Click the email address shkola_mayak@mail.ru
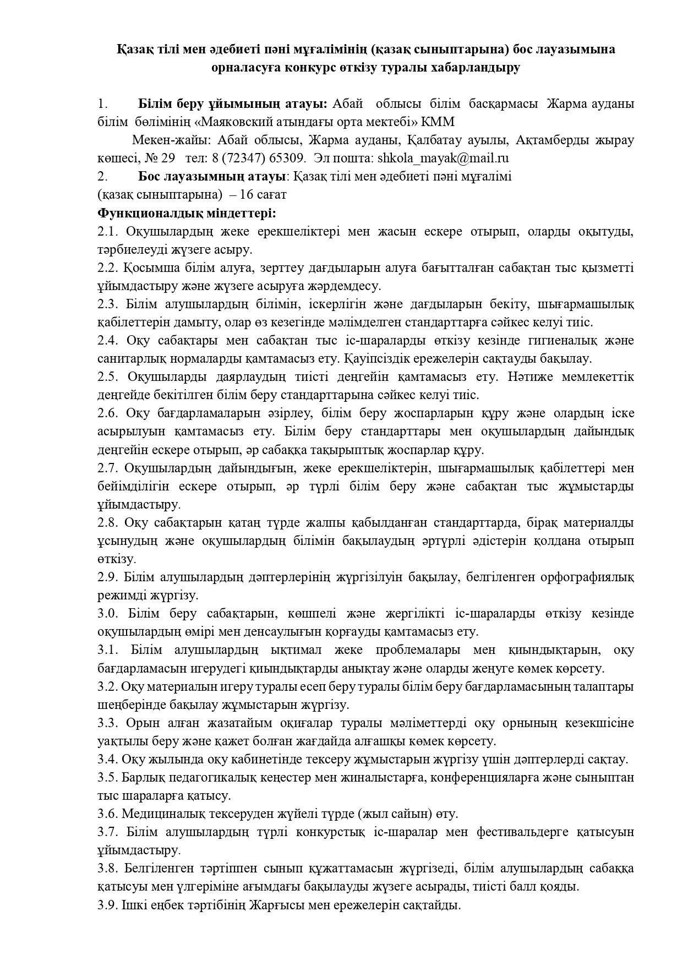tap(443, 159)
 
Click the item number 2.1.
tap(108, 231)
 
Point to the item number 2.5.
tap(108, 376)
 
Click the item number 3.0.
tap(108, 613)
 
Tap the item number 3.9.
tap(108, 905)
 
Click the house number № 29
tap(160, 159)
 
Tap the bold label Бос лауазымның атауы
tap(212, 177)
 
